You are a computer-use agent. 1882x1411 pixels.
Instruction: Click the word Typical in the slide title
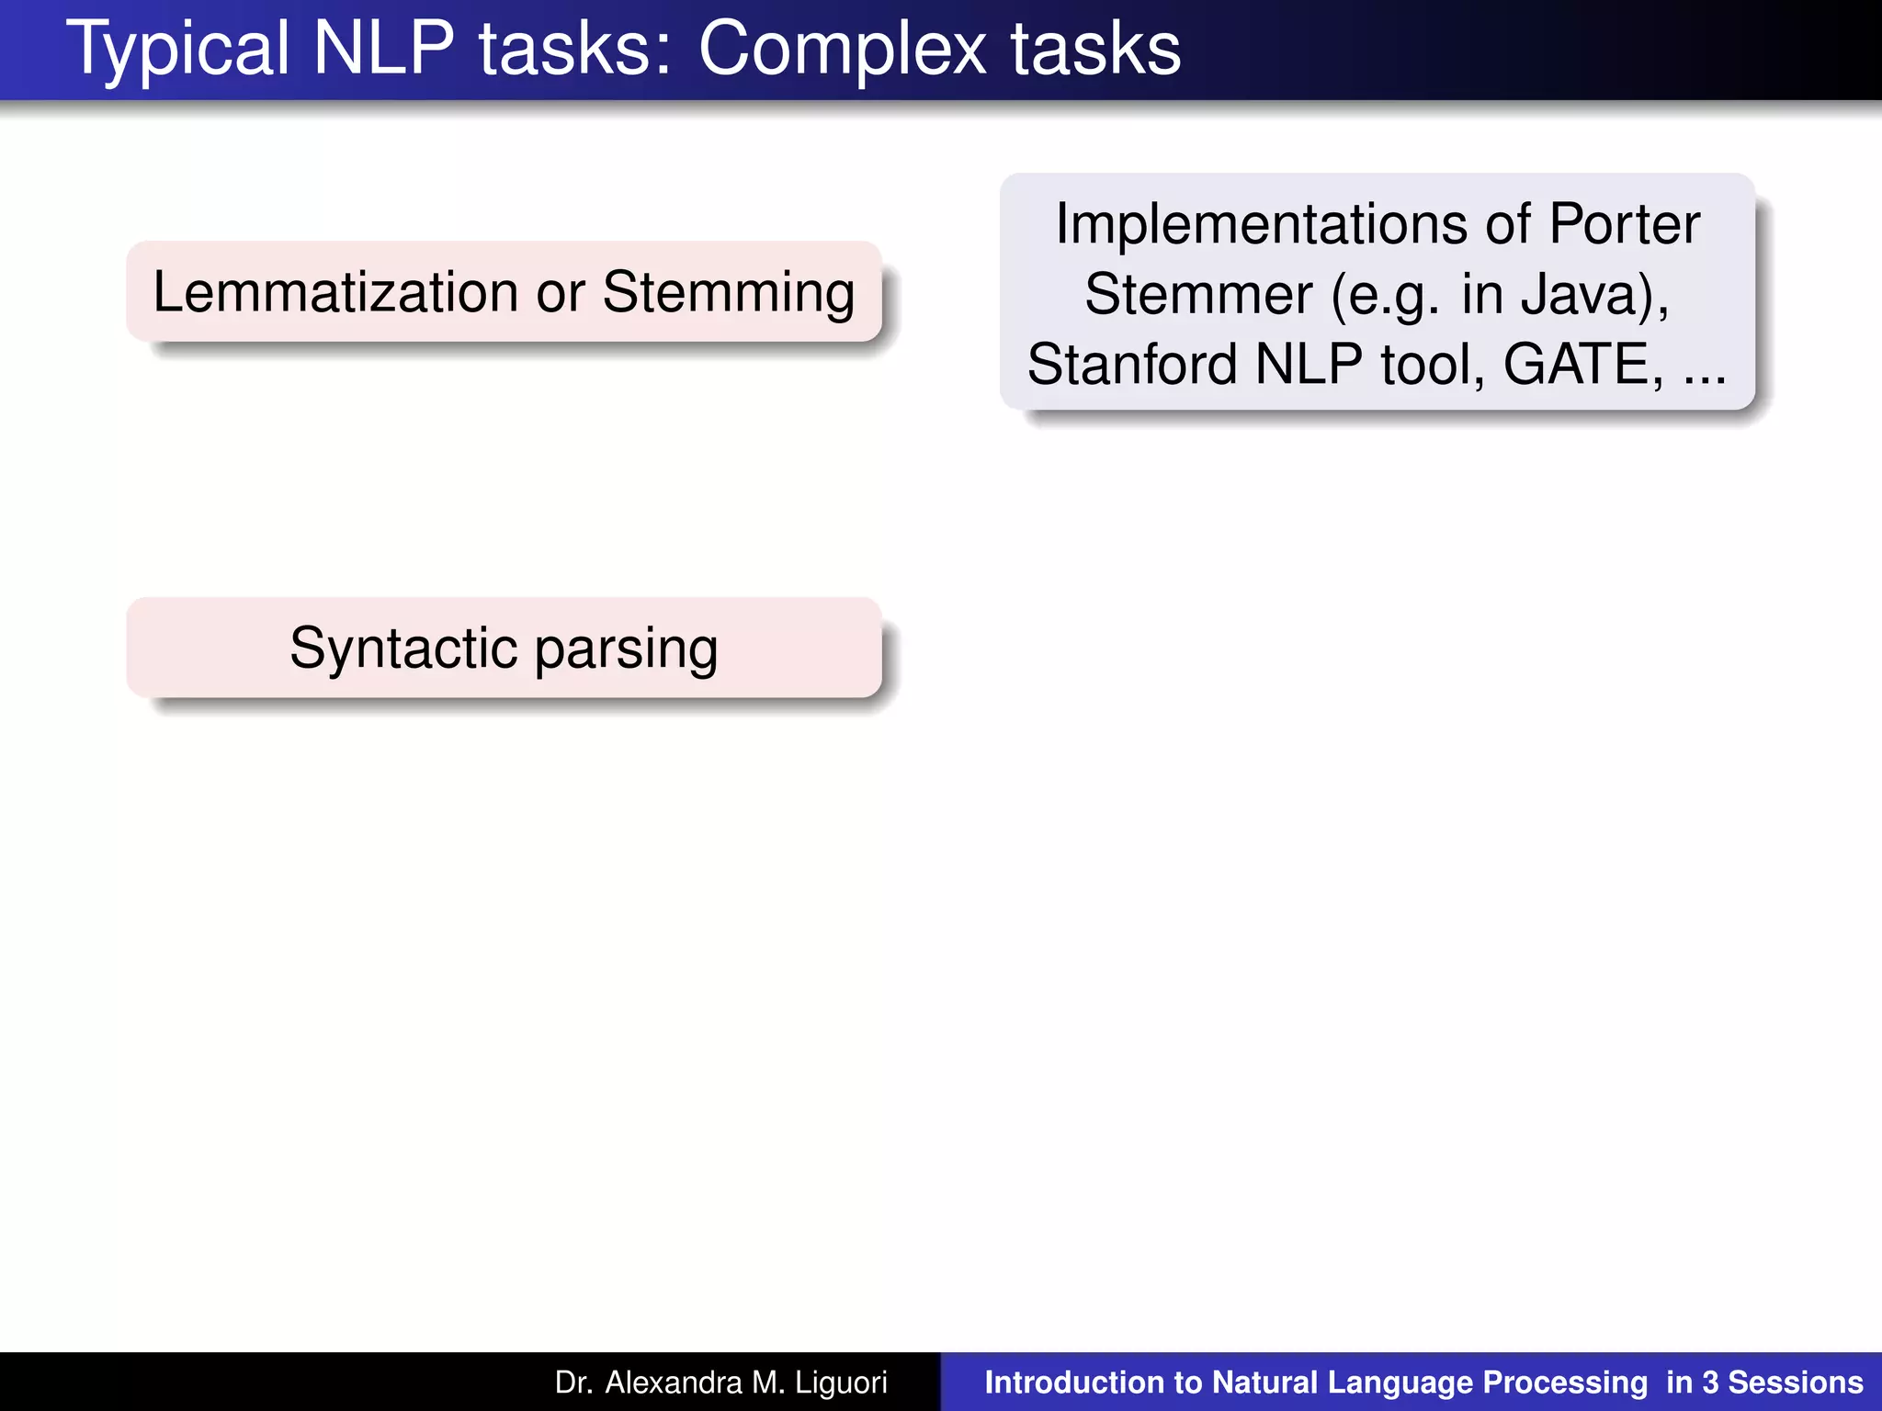(x=178, y=50)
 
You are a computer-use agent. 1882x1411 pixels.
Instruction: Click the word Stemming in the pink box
(x=729, y=293)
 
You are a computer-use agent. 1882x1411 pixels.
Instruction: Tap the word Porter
(x=1624, y=224)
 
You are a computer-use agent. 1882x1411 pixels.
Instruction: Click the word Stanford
(x=1133, y=365)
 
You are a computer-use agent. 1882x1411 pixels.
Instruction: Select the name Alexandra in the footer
(x=673, y=1383)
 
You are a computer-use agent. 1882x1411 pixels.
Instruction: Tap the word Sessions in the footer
(x=1796, y=1383)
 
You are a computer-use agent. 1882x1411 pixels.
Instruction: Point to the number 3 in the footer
(x=1710, y=1383)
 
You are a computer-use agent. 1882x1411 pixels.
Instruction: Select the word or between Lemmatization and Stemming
(x=561, y=293)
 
